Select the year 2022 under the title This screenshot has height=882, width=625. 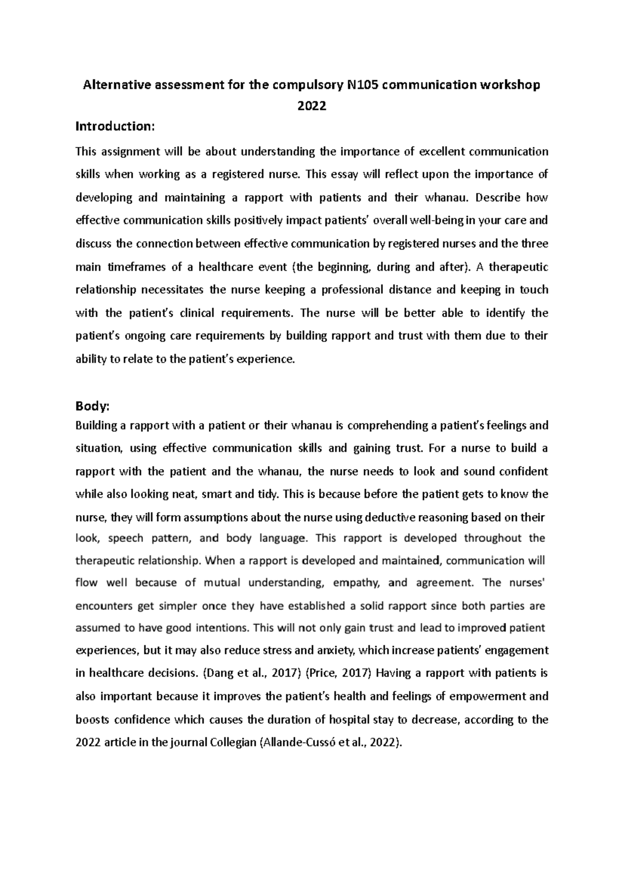(311, 106)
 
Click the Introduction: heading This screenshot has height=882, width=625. (115, 127)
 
